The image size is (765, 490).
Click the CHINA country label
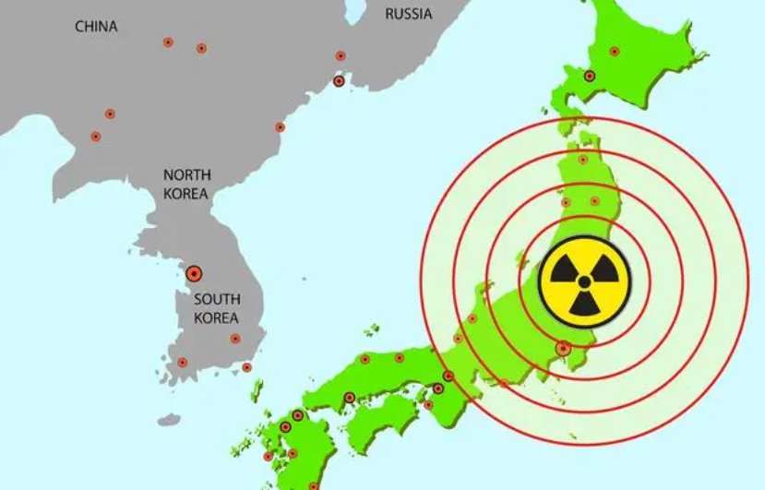click(96, 27)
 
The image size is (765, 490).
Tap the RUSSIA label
click(409, 13)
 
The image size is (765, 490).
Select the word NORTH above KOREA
click(187, 174)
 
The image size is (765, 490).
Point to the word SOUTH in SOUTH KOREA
click(217, 299)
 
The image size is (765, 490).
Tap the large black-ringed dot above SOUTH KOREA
click(194, 273)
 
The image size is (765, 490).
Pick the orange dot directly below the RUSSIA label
click(341, 55)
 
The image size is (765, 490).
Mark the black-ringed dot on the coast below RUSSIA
click(339, 81)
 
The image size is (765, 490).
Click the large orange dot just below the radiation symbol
click(563, 349)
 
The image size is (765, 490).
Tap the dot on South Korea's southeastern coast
click(246, 367)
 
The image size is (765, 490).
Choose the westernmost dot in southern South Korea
click(182, 362)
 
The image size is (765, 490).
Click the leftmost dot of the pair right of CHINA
click(168, 42)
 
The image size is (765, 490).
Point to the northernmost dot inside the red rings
click(583, 160)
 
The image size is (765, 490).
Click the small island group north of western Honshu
click(372, 329)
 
